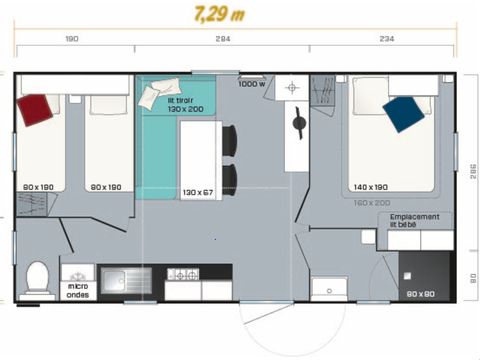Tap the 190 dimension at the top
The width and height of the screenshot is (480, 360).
(x=72, y=39)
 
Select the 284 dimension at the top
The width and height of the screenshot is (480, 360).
(x=222, y=39)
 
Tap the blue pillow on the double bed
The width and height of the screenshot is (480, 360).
(x=403, y=112)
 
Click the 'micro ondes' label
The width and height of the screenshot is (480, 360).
(x=77, y=291)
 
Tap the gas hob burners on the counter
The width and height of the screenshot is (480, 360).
(x=184, y=274)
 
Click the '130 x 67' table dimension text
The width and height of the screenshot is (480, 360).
(x=198, y=191)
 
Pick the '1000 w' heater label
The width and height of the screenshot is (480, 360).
(x=252, y=84)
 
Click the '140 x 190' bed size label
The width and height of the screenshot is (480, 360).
(x=371, y=187)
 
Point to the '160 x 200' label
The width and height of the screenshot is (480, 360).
(x=371, y=201)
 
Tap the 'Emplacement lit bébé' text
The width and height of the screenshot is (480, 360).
(x=416, y=220)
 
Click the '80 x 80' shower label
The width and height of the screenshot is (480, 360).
(x=421, y=294)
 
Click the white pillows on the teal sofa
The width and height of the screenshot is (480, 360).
(x=155, y=94)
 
